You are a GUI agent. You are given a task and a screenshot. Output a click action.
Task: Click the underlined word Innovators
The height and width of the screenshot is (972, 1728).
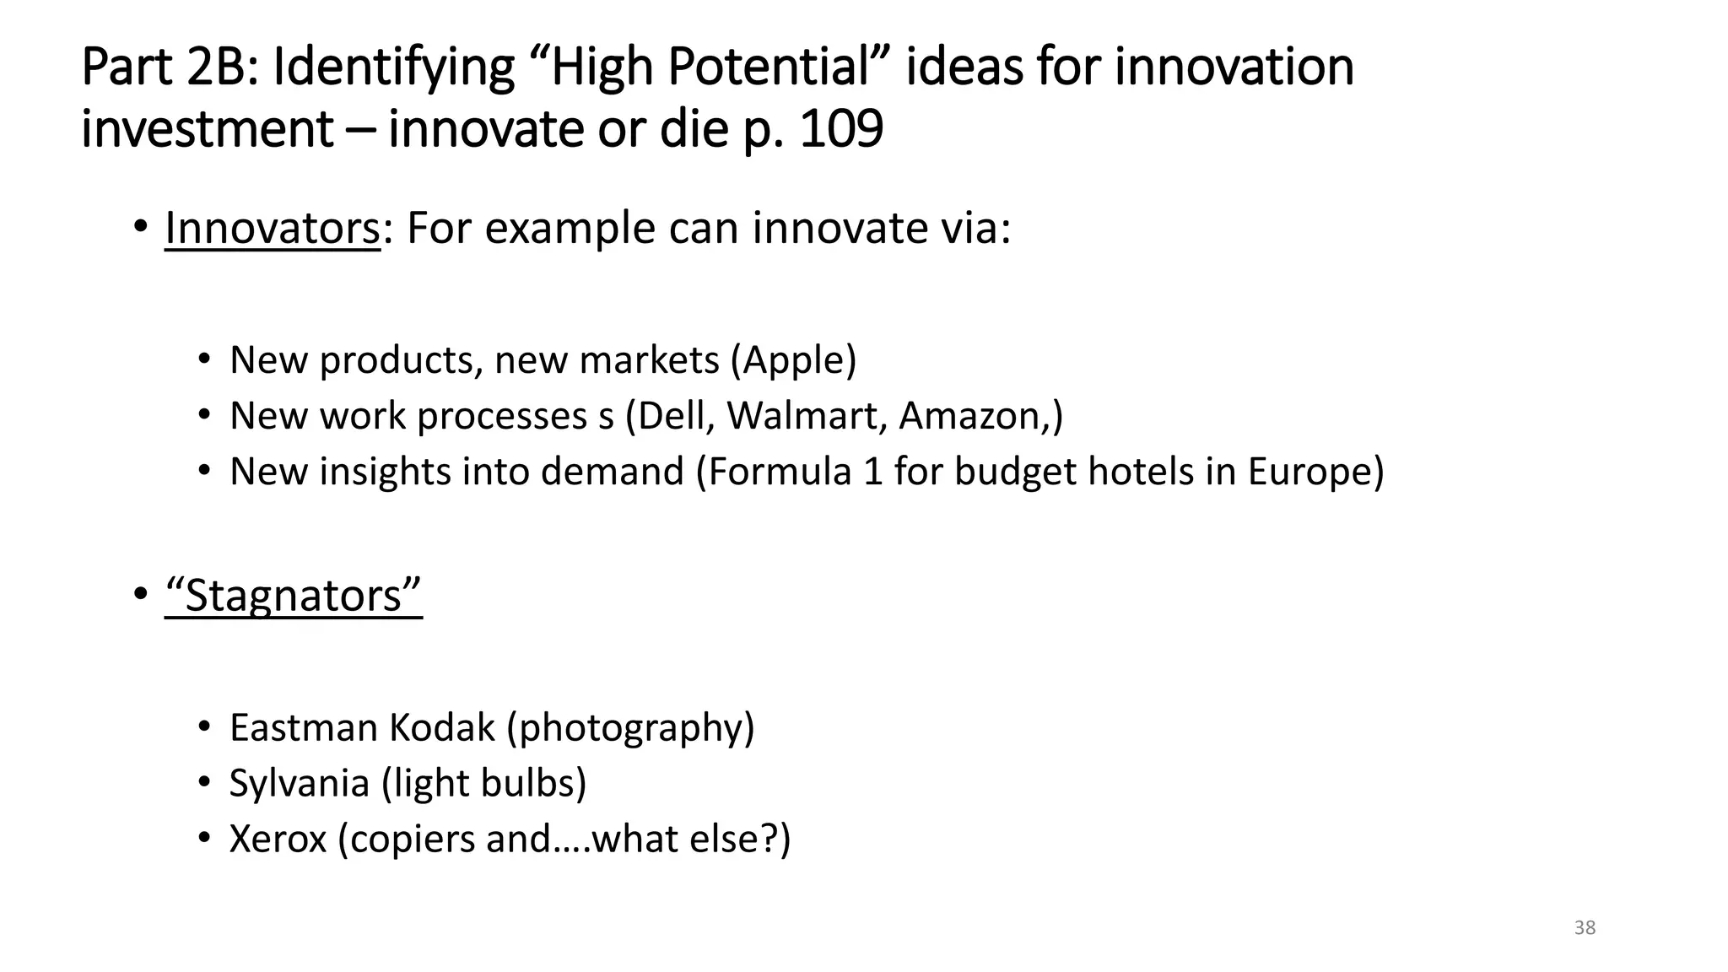[x=272, y=228]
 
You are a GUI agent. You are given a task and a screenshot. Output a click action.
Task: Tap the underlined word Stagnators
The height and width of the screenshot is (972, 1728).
[x=293, y=596]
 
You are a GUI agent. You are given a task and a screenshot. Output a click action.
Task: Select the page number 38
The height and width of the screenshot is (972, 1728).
[x=1585, y=928]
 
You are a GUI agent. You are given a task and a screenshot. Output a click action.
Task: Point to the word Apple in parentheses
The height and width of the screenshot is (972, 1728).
[x=793, y=360]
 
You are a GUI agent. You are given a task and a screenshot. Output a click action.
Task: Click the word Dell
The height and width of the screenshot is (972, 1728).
[x=671, y=416]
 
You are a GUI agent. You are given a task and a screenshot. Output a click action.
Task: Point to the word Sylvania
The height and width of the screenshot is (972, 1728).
[x=300, y=784]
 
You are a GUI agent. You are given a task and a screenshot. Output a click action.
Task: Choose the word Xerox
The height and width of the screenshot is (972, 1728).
[x=278, y=840]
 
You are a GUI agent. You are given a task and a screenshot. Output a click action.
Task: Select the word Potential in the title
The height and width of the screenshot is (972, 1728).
[x=769, y=67]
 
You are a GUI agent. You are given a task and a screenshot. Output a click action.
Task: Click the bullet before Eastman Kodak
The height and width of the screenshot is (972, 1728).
[x=203, y=726]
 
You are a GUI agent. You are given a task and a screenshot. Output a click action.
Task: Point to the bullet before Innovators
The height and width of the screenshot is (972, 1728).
[x=140, y=228]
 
